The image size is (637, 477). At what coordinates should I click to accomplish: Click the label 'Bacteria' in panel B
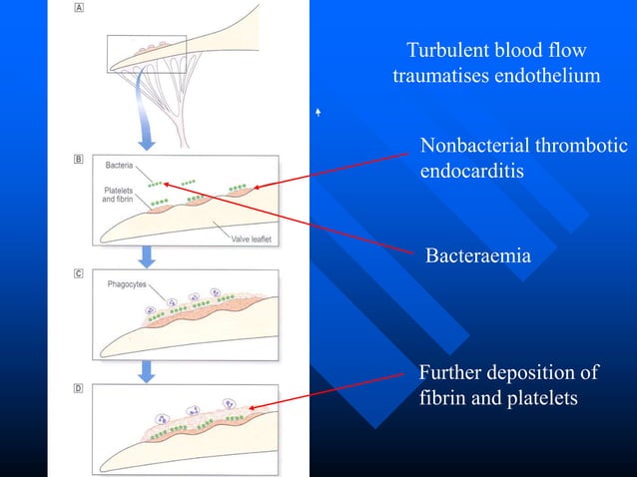click(120, 162)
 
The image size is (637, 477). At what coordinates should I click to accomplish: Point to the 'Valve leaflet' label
click(253, 238)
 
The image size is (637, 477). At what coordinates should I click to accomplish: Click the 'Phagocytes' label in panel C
click(126, 284)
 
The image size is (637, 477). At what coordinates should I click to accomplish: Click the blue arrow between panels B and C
click(147, 257)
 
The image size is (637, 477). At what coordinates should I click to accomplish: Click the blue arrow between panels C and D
click(147, 369)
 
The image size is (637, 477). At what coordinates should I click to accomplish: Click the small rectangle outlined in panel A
click(147, 54)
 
